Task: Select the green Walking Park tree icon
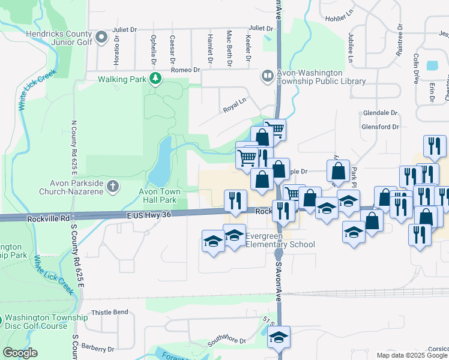155,78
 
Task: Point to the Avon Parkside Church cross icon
112,187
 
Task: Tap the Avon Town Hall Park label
158,196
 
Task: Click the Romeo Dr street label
185,70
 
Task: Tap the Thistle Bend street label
110,313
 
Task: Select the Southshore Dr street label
227,341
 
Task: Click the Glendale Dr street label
381,113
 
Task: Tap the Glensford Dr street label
380,127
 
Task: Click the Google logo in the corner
20,353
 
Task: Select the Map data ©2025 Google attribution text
411,355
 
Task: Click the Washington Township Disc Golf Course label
35,323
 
